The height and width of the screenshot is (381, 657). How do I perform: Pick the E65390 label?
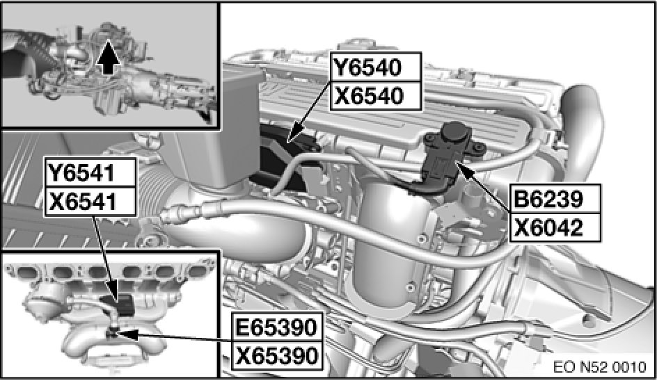[x=276, y=327]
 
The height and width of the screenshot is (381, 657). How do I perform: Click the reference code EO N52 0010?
[x=600, y=367]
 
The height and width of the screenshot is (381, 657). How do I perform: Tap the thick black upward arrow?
[x=108, y=58]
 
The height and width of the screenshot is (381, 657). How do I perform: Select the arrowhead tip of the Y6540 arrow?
[x=289, y=142]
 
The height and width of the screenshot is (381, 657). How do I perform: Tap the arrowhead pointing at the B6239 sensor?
[x=457, y=164]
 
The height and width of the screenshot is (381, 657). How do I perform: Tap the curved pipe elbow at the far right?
[x=583, y=126]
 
